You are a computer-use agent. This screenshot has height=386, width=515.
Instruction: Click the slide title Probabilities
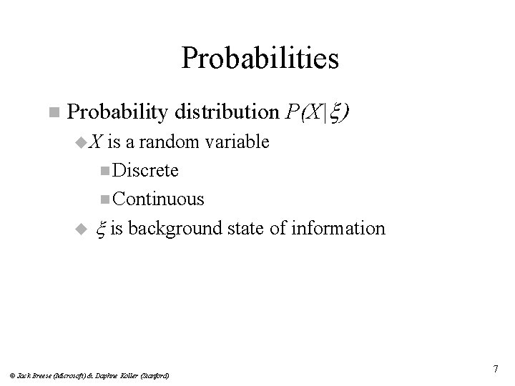(260, 59)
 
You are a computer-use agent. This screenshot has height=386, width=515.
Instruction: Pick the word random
(172, 142)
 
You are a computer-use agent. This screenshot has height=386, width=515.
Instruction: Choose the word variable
(237, 142)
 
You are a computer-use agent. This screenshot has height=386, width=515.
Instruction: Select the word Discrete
(146, 170)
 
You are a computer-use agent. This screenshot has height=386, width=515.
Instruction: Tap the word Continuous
(158, 199)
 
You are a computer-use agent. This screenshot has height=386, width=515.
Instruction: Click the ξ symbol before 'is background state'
(101, 229)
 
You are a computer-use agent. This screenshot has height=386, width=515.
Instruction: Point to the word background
(173, 228)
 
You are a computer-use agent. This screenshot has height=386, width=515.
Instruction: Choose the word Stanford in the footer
(152, 375)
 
